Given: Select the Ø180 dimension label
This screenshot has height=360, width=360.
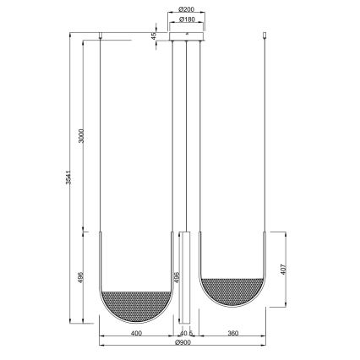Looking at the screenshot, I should [187, 19].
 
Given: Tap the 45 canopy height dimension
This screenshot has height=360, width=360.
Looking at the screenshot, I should [153, 37].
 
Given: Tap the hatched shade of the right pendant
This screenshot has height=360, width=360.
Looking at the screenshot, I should [234, 292].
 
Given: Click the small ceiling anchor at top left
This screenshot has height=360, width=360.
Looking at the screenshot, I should [101, 36].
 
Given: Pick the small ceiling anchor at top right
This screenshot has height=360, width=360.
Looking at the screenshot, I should [269, 36].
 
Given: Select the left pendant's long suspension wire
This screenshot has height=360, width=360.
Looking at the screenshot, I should [101, 135].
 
